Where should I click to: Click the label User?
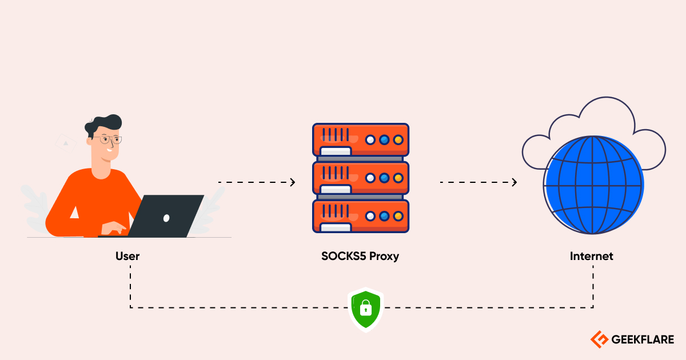tap(127, 256)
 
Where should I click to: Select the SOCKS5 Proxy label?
tap(360, 256)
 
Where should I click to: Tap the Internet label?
tap(591, 256)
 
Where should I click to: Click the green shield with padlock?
tap(365, 309)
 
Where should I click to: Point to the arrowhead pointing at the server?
tap(293, 182)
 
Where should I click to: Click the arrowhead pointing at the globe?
tap(514, 182)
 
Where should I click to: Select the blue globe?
tap(593, 184)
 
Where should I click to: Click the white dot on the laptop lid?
tap(166, 218)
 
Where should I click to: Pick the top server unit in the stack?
tap(361, 139)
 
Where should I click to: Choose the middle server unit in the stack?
tap(361, 178)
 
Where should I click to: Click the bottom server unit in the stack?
tap(361, 216)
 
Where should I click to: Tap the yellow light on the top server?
tap(398, 139)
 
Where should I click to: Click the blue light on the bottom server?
tap(384, 216)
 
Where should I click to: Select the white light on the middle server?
tap(370, 178)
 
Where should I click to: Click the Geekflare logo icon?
tap(599, 339)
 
